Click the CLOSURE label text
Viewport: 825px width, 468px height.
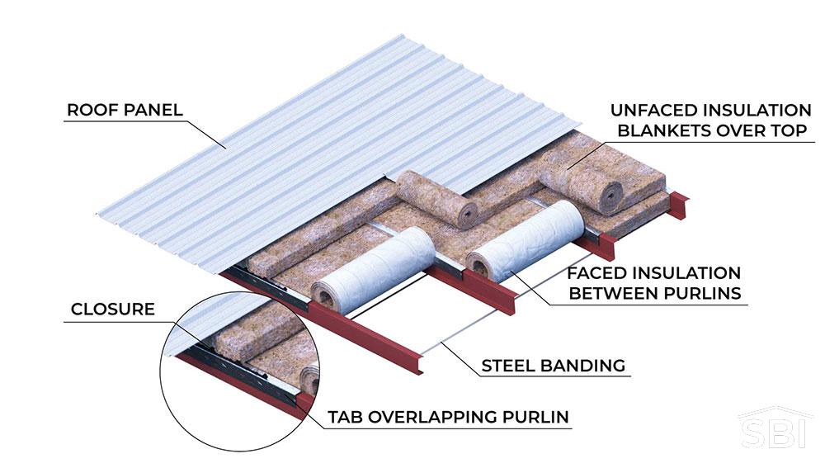pos(113,310)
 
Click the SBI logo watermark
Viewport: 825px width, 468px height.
pos(771,431)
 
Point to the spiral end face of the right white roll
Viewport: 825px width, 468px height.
pos(481,263)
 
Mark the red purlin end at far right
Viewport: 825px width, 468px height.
pos(679,206)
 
